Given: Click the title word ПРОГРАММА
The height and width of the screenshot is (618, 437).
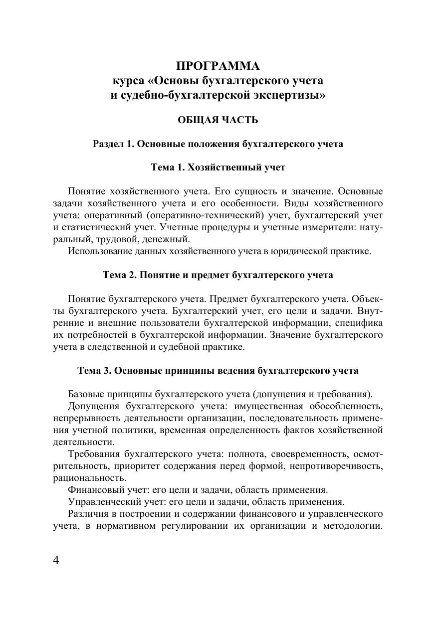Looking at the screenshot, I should click(218, 66).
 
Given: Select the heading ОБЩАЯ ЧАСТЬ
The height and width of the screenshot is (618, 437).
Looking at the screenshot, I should click(218, 120).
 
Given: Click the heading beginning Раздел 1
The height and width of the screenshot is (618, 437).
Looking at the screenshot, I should click(218, 144).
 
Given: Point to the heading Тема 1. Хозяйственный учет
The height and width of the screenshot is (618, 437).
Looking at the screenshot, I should click(218, 167).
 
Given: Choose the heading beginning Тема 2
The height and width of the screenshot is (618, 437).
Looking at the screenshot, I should click(218, 275).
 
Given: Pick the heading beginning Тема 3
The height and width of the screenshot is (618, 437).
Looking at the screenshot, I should click(218, 371).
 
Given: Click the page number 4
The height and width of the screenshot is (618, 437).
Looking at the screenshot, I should click(56, 560).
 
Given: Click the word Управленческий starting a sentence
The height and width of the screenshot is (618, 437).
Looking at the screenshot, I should click(99, 501).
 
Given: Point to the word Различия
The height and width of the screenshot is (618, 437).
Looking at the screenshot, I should click(87, 513).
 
